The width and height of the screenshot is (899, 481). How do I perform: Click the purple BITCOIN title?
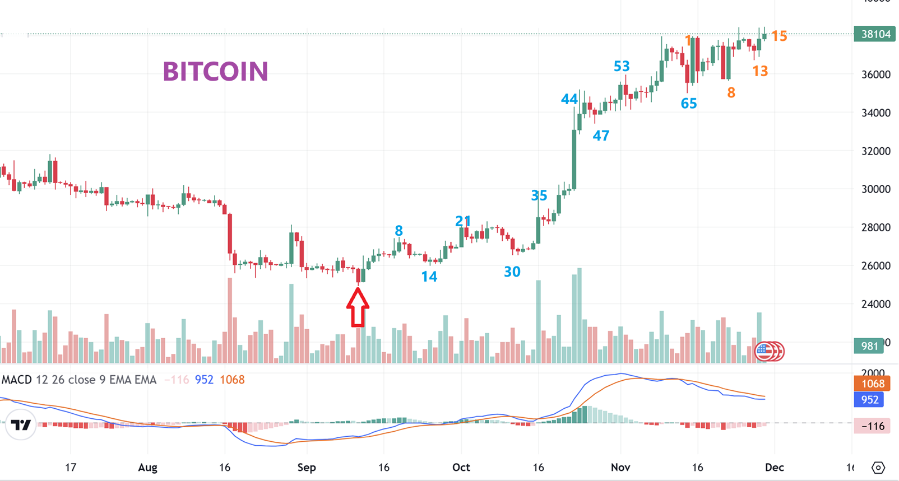point(215,72)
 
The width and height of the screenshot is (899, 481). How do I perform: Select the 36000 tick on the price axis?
point(875,74)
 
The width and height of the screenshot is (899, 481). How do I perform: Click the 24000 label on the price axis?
point(875,304)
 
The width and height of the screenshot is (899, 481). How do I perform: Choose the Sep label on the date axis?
point(307,468)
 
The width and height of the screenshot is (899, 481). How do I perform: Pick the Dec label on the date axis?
point(775,468)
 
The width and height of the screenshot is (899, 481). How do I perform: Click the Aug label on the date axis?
point(148,468)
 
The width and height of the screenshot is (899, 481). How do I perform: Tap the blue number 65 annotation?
point(689,104)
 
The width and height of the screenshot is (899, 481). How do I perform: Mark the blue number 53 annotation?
point(622,66)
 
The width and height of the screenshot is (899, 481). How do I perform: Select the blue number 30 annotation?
point(512,272)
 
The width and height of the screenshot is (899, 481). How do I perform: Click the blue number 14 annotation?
point(429,277)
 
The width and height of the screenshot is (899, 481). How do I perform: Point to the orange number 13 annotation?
point(760,71)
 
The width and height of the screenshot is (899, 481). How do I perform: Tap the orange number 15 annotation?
point(779,36)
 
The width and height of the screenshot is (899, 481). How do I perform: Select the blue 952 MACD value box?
point(869,400)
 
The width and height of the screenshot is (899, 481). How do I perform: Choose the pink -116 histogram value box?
point(873,426)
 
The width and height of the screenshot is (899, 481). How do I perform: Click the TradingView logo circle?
point(21,425)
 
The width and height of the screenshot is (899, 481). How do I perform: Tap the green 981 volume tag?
point(869,346)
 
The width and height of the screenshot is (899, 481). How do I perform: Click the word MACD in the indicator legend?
point(17,380)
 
